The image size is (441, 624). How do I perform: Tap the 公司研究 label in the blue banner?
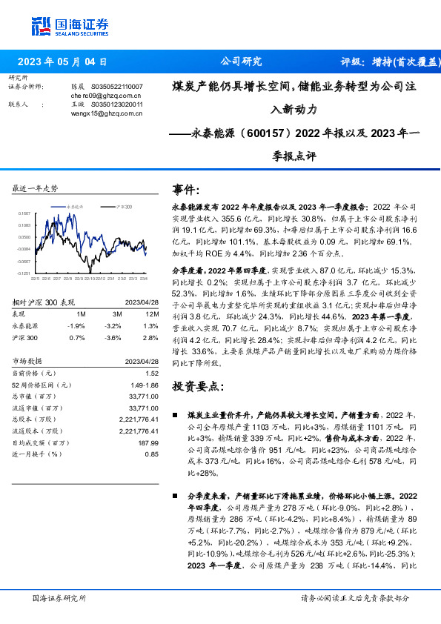(241, 62)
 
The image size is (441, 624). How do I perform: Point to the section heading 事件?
(185, 190)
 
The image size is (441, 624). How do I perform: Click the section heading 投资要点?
(196, 387)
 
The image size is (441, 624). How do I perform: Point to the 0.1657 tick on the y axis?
(25, 213)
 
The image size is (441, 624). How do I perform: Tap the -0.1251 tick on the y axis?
(25, 273)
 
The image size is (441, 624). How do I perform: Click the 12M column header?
(152, 313)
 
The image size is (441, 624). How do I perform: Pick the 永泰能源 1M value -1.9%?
(76, 326)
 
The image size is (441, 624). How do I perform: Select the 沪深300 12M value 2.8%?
(150, 338)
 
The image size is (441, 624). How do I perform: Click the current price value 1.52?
(151, 375)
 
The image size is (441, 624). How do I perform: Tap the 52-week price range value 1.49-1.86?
(144, 385)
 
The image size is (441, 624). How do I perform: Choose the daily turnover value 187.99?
(148, 442)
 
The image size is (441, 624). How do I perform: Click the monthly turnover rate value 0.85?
(151, 454)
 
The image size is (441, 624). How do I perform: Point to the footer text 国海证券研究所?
(60, 598)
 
